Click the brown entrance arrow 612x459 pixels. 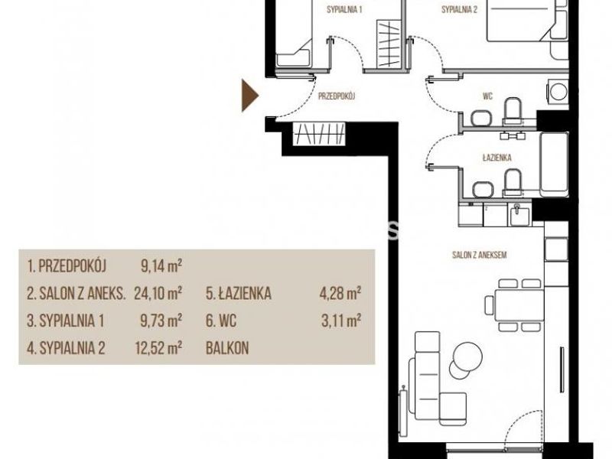click(249, 96)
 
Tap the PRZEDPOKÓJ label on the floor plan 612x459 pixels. click(337, 96)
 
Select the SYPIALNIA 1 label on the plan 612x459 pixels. click(344, 9)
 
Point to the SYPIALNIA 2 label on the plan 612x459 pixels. click(460, 9)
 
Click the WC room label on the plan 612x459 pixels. click(487, 96)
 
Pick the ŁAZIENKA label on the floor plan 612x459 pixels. click(496, 158)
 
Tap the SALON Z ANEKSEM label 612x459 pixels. click(480, 255)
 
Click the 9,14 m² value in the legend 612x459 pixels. click(161, 266)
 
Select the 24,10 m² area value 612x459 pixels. click(158, 293)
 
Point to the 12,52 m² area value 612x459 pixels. click(158, 347)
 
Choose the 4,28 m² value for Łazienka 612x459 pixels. click(340, 293)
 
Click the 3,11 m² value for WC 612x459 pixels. click(341, 321)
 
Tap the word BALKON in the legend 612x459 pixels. click(227, 348)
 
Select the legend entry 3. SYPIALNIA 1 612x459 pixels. click(66, 321)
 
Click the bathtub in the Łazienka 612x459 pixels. click(553, 164)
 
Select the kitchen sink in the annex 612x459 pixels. click(519, 215)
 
